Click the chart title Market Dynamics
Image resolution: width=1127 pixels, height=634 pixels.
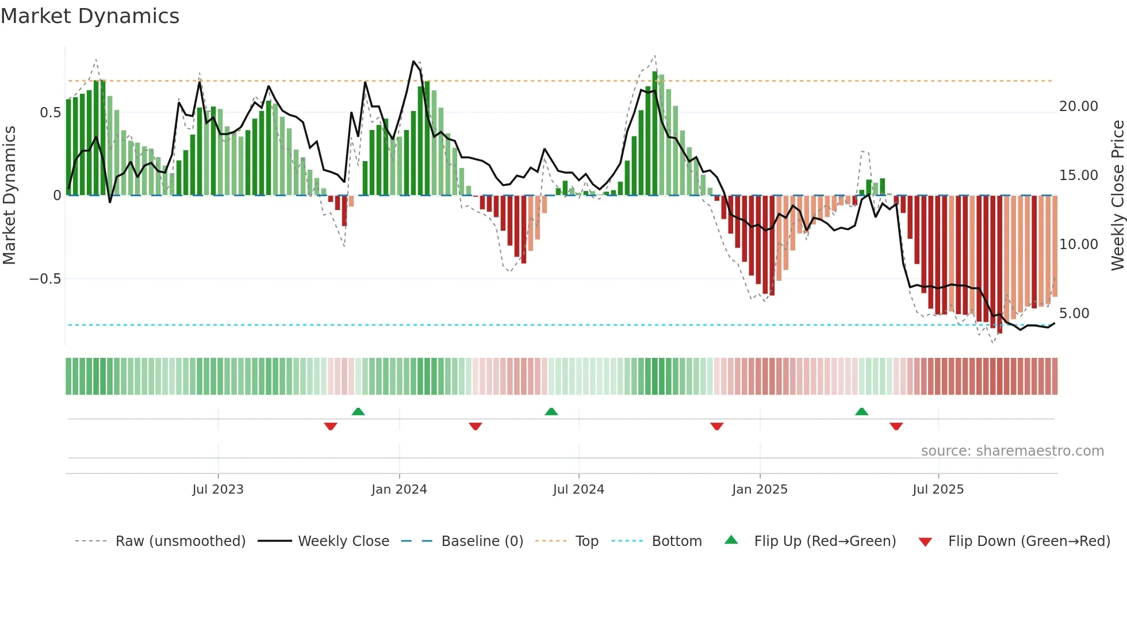tap(90, 16)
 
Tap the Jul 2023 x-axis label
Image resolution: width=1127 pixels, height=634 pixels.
tap(218, 490)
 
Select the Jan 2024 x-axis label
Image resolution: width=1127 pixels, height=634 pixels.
tap(399, 490)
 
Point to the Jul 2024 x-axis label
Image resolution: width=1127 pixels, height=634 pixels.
tap(578, 490)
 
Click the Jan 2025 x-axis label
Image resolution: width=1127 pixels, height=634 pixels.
tap(760, 490)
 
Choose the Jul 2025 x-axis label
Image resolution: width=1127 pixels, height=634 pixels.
tap(938, 490)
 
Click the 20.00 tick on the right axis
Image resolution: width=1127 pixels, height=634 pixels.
tap(1078, 106)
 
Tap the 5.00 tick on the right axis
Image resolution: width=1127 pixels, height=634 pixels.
tap(1074, 314)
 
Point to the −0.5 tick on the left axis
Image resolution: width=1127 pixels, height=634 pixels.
tap(45, 279)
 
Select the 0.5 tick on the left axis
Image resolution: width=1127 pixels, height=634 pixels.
tap(50, 113)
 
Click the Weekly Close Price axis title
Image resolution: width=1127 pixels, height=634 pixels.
tap(1117, 195)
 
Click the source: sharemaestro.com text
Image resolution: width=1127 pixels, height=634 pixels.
tap(1012, 451)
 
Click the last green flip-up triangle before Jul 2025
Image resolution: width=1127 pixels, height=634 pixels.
tap(861, 412)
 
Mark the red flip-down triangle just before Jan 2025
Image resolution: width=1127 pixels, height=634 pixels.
tap(716, 426)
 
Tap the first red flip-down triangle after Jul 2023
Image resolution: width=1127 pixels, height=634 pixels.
tap(331, 426)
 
